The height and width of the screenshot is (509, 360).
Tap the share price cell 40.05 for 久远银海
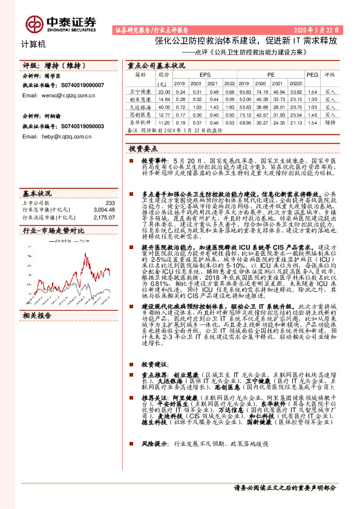coord(164,106)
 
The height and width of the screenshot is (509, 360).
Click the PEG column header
coord(312,75)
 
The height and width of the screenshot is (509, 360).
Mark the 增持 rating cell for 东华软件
coord(330,122)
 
